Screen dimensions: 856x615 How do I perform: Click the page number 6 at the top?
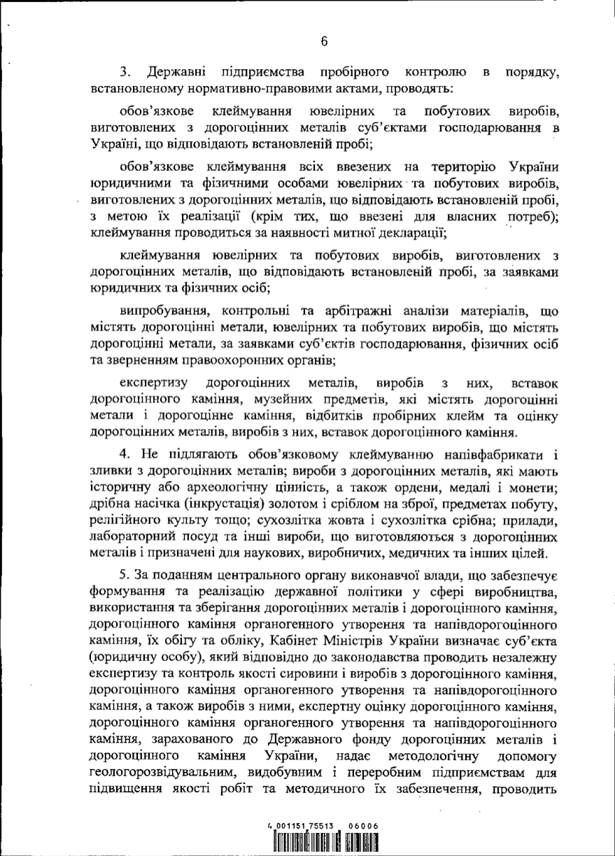coord(325,41)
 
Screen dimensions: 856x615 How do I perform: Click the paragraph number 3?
coord(124,73)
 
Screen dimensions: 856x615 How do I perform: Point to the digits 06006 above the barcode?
coord(363,826)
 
